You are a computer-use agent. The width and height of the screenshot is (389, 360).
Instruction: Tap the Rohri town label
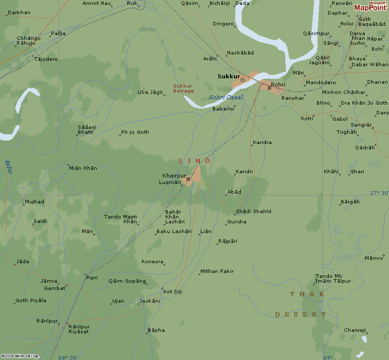coord(278,85)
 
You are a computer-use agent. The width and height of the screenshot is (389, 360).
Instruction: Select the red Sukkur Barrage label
coord(183,89)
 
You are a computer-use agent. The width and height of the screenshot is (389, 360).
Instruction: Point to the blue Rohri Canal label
coord(226,97)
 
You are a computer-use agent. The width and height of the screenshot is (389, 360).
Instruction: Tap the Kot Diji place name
coord(173,291)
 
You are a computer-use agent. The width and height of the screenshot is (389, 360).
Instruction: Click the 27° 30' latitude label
coord(379,193)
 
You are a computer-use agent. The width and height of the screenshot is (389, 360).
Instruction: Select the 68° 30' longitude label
coord(68,358)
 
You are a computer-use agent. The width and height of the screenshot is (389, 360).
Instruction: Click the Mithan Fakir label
coord(217,271)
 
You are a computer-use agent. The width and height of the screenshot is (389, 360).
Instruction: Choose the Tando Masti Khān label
coord(121,219)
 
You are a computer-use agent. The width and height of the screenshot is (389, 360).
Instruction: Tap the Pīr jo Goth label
coord(135,132)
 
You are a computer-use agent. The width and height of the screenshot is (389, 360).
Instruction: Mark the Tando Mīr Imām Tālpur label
coord(333,278)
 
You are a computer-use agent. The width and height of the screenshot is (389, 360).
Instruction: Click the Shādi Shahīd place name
coord(253,211)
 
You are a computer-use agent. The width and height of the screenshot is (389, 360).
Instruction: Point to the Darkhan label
coord(19,12)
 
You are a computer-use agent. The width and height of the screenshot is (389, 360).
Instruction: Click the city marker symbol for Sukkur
coord(243,79)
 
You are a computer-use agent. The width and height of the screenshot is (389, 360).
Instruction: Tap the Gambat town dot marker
coord(66,286)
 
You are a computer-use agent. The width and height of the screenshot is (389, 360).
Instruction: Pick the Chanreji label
coord(355,330)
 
